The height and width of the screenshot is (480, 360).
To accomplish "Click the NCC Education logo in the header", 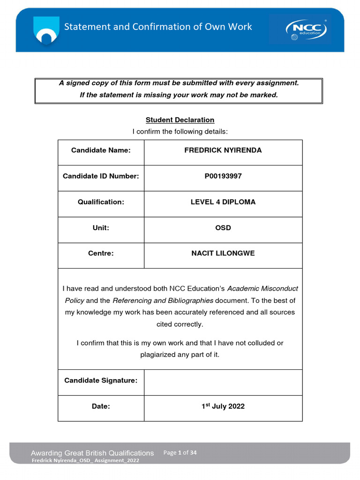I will [306, 29].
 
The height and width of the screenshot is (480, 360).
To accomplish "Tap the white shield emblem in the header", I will [46, 30].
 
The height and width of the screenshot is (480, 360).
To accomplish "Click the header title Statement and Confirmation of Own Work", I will [158, 27].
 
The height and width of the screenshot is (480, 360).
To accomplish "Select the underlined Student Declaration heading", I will [180, 120].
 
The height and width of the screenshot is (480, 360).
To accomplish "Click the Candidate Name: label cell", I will [101, 150].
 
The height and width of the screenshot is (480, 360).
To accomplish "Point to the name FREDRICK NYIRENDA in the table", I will [223, 150].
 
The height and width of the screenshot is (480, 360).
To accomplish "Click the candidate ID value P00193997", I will [223, 176].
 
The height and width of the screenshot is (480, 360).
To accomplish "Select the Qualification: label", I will [101, 202].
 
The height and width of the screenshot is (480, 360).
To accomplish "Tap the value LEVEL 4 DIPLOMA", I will [223, 202].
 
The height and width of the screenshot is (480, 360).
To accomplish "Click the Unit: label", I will [101, 228].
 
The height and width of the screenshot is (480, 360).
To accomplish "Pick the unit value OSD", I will [223, 228].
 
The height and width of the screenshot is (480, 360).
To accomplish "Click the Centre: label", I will [101, 254].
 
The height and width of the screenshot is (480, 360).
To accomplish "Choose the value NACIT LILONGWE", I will [223, 254].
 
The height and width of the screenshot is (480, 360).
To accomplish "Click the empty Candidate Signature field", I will [223, 382].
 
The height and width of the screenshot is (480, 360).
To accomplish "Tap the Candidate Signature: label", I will [101, 381].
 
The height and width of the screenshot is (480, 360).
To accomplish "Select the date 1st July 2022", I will [223, 406].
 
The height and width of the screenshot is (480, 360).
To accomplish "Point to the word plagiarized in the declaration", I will [157, 355].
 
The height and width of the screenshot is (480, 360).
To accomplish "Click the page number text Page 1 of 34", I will [180, 453].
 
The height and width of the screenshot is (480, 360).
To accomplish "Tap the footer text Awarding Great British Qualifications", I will [92, 453].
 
